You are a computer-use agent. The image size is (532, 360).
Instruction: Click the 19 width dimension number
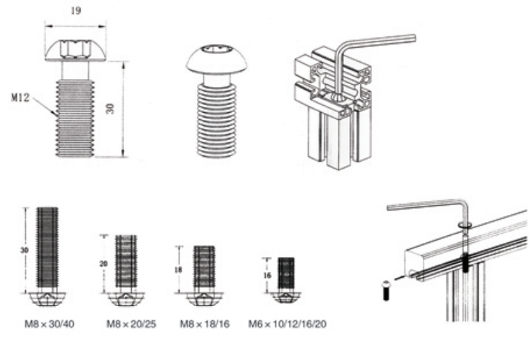click(76, 11)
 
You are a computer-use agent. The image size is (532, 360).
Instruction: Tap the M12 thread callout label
click(20, 97)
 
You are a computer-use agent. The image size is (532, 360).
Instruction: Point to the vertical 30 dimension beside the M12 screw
click(110, 109)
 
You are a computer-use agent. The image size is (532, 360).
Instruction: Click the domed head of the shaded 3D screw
click(217, 60)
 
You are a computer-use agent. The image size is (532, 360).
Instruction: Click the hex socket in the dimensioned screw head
click(75, 50)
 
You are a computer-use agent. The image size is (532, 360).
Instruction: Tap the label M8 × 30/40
click(50, 324)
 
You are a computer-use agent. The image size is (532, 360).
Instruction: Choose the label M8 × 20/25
click(131, 324)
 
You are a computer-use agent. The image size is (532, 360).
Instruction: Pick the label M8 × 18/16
click(205, 324)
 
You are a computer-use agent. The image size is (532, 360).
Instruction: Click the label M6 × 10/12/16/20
click(287, 324)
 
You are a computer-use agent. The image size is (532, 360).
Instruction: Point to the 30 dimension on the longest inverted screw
click(24, 251)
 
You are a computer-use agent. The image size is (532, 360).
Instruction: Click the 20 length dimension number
click(104, 263)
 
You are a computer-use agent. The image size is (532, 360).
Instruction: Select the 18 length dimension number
click(178, 270)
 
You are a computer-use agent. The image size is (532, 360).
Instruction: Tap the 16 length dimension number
click(267, 275)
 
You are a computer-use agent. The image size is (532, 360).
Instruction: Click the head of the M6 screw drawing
click(286, 297)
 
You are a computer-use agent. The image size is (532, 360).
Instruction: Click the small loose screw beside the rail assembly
click(386, 291)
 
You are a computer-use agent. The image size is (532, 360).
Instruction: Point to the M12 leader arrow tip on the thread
click(56, 116)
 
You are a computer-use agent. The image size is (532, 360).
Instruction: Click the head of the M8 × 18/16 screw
click(204, 299)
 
